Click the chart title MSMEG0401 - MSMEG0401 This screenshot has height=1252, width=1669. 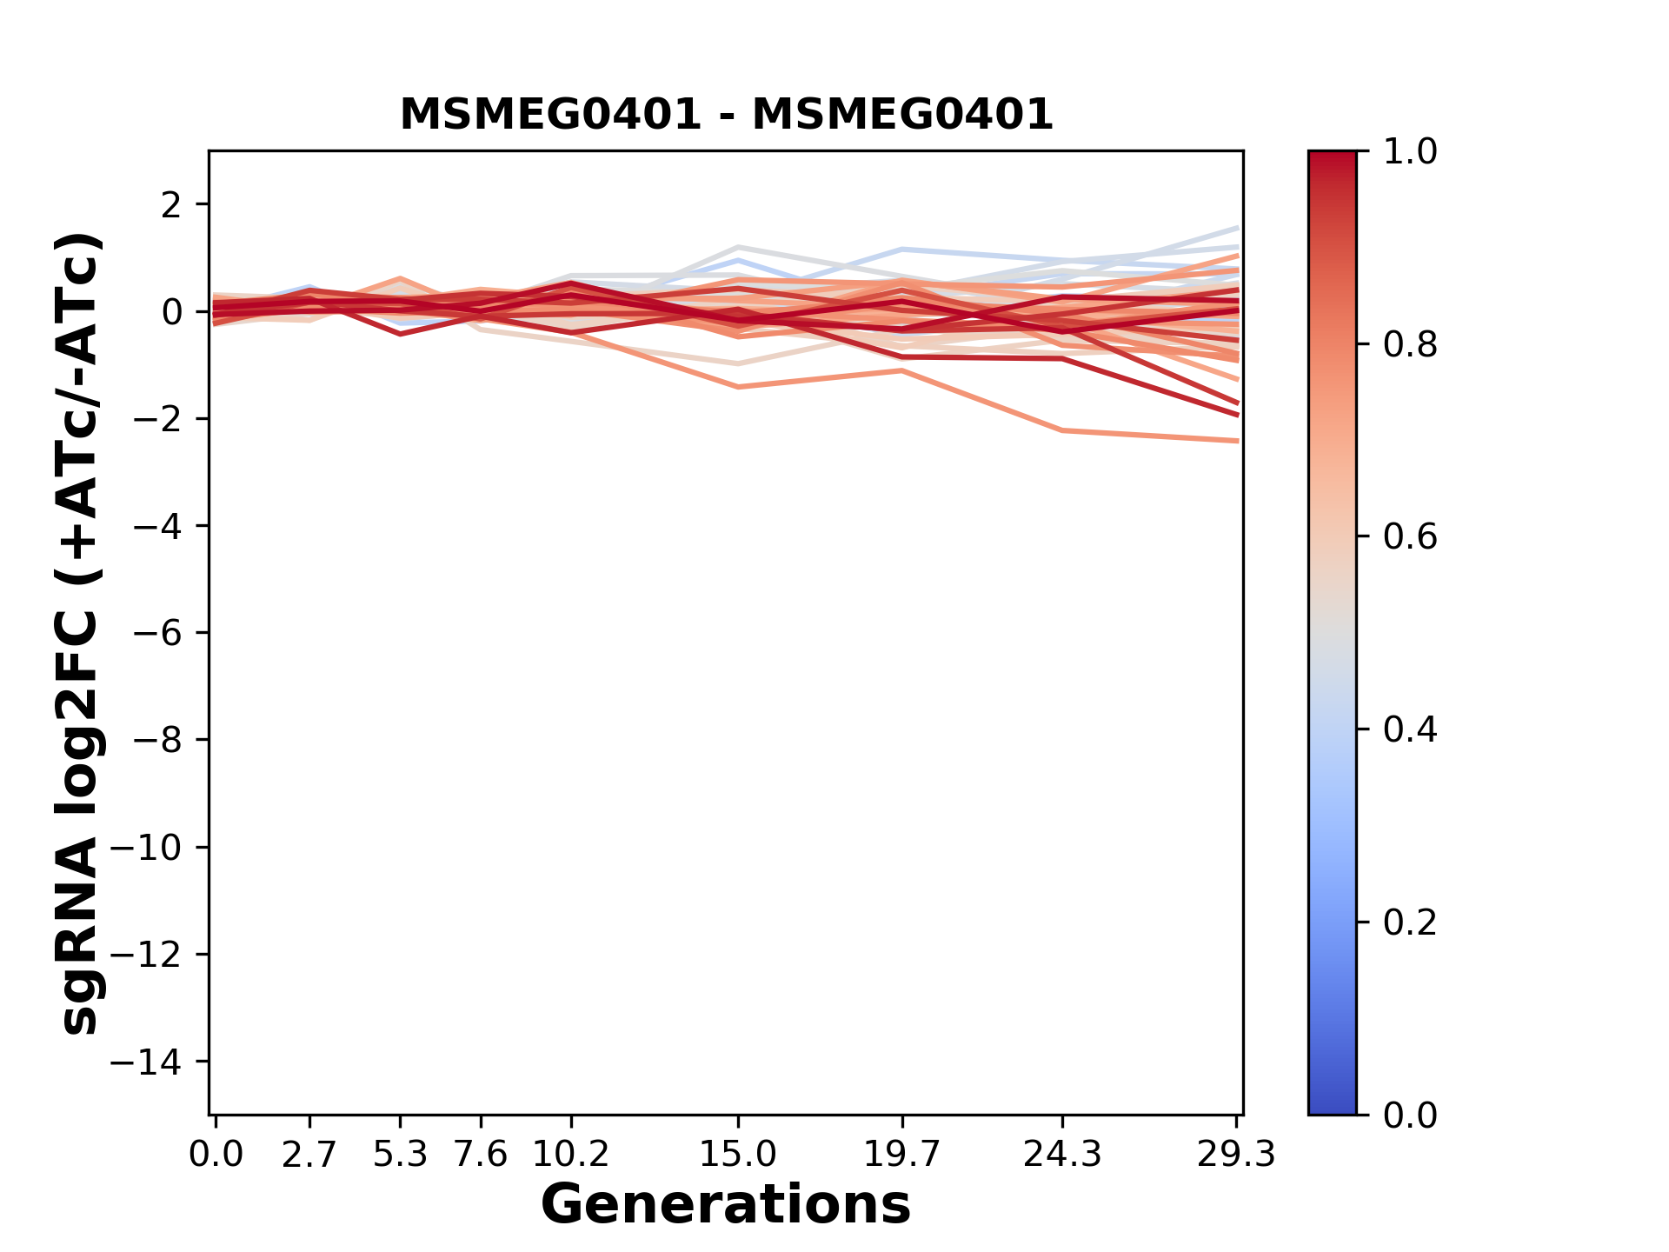[x=726, y=114]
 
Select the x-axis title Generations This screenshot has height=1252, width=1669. [x=726, y=1205]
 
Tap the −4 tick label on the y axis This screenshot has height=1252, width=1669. [x=157, y=526]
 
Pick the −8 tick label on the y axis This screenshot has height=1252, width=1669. [x=157, y=740]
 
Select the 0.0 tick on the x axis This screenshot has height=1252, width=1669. [x=216, y=1155]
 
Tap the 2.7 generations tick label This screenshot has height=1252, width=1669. [x=309, y=1155]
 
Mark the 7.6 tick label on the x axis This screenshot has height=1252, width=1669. [x=481, y=1155]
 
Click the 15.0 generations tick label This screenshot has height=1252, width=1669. [x=737, y=1155]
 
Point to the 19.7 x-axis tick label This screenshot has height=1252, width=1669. [x=903, y=1155]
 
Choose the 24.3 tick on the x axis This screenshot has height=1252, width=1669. [x=1062, y=1155]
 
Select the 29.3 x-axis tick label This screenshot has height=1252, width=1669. [x=1236, y=1155]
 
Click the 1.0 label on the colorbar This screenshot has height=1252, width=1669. [x=1410, y=152]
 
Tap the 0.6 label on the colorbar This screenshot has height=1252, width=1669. [x=1410, y=537]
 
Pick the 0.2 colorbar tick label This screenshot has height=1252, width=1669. [x=1410, y=922]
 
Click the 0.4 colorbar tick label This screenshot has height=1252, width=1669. [x=1410, y=729]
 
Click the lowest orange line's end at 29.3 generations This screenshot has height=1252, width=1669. [x=1236, y=441]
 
